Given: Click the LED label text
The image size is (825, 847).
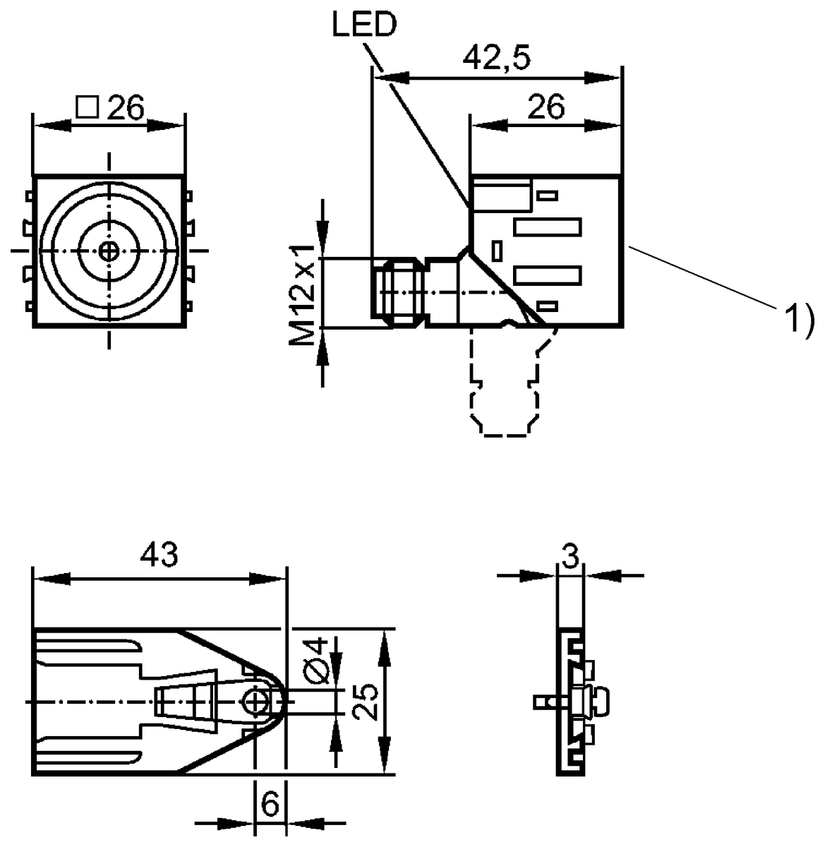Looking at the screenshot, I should tap(365, 25).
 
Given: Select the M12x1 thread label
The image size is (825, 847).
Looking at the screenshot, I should tap(303, 294).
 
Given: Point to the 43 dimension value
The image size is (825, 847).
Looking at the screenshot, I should tap(159, 555).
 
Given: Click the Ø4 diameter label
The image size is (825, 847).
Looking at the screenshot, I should tap(318, 659).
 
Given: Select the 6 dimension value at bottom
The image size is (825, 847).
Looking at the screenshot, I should tap(270, 803).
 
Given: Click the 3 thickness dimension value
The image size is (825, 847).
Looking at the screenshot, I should tap(570, 557).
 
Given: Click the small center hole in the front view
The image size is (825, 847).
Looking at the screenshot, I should tap(109, 250).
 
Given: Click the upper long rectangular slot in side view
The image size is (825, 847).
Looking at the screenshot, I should tap(548, 227).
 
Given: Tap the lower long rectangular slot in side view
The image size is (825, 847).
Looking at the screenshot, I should tap(548, 275).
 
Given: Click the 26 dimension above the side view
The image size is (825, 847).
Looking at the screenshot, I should tap(546, 107).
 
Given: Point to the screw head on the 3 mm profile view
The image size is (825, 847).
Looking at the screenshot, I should tap(600, 701).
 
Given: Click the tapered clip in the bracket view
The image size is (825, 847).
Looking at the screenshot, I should tap(185, 702).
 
